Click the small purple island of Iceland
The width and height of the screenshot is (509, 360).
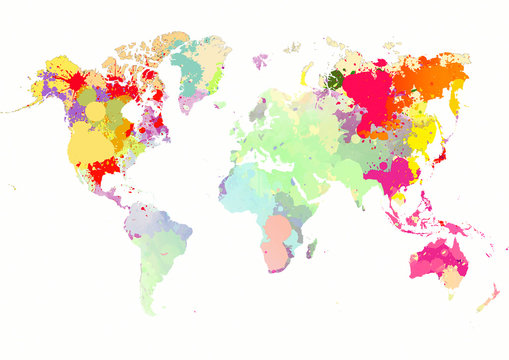[260, 61]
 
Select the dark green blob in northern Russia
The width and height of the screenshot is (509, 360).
[335, 78]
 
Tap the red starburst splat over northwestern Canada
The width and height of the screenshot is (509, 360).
[74, 80]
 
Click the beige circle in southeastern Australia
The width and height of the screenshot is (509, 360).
[452, 279]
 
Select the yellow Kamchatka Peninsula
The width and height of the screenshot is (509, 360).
[455, 100]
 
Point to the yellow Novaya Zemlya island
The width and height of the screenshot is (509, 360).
[305, 72]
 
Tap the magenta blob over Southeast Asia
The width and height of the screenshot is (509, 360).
[390, 176]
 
